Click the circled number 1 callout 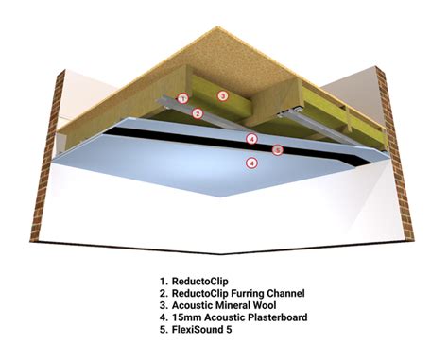[184, 97]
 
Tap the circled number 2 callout [198, 114]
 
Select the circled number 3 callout [222, 96]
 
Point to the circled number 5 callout [277, 150]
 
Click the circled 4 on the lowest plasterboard [250, 163]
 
